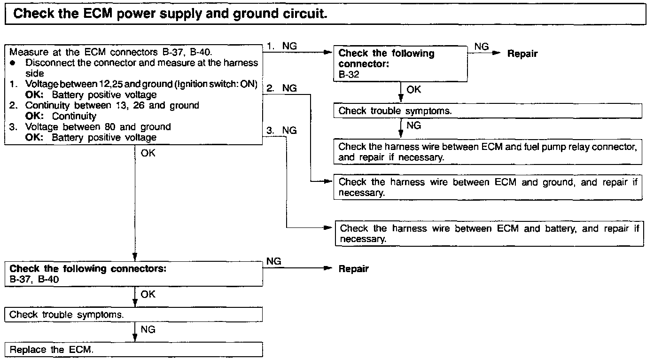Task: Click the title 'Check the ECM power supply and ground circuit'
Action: (x=169, y=13)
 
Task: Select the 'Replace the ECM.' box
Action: (x=134, y=350)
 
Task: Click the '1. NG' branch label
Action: (x=282, y=46)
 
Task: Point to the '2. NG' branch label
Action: (x=282, y=88)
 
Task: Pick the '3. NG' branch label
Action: (x=282, y=131)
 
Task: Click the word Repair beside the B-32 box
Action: (x=522, y=54)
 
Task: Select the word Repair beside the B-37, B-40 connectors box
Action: (x=353, y=269)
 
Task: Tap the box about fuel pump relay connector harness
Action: (x=488, y=152)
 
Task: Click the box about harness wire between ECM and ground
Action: (x=488, y=187)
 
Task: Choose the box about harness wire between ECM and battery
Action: (x=489, y=234)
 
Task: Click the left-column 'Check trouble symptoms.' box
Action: (x=134, y=314)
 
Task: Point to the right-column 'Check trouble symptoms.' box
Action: (x=488, y=111)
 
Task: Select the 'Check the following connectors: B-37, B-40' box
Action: (x=134, y=274)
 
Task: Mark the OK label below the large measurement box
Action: (x=148, y=153)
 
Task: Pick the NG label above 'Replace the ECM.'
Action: (x=148, y=329)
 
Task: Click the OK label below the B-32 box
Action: (x=414, y=90)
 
